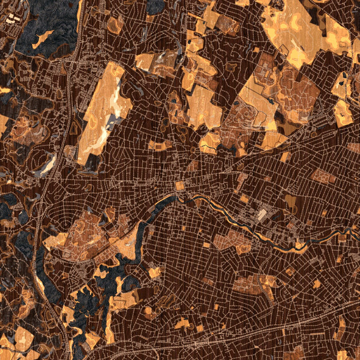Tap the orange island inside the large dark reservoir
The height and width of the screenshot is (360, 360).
pos(42,40)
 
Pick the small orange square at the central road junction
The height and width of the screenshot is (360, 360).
pos(179,185)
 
